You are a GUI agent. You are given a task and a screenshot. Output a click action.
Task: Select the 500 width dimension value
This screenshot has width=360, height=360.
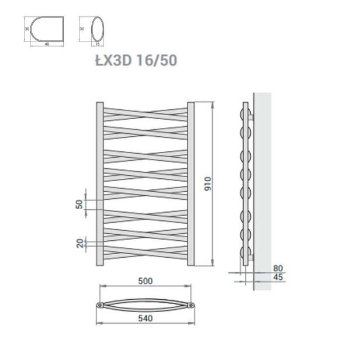(145, 281)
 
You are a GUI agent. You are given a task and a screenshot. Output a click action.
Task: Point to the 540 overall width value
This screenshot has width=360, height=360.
(145, 319)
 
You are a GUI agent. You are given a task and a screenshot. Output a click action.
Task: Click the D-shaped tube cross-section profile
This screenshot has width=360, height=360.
(39, 29)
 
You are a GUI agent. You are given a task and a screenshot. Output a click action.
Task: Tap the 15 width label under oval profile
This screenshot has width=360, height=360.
(97, 44)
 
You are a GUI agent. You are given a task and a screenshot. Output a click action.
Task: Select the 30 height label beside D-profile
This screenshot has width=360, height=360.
(26, 29)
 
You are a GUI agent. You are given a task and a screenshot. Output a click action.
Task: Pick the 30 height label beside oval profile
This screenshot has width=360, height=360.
(82, 29)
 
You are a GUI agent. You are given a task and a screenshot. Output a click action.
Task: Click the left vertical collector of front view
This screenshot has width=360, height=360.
(99, 184)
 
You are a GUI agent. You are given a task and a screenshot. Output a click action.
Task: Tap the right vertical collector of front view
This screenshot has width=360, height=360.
(191, 184)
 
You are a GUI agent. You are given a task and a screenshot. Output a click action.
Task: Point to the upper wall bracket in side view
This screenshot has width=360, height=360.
(250, 117)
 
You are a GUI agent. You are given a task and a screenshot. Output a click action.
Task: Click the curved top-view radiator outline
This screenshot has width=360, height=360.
(145, 305)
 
